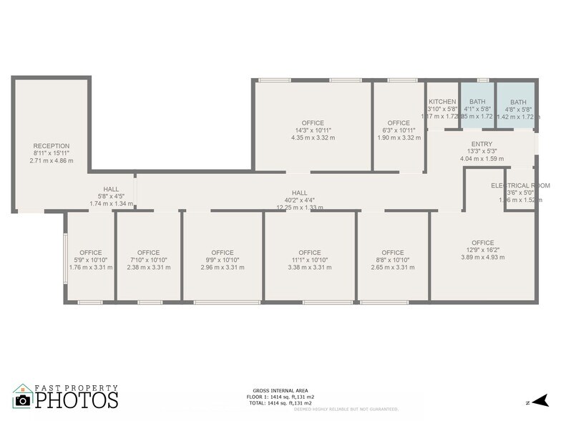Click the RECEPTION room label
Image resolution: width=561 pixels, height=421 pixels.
pyautogui.click(x=52, y=146)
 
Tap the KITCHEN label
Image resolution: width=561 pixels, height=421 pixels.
pyautogui.click(x=442, y=102)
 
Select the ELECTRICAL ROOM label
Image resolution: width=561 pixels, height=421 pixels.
pyautogui.click(x=520, y=185)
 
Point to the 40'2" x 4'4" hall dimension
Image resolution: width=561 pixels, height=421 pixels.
pyautogui.click(x=299, y=200)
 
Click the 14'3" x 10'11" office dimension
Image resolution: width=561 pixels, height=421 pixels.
pyautogui.click(x=313, y=130)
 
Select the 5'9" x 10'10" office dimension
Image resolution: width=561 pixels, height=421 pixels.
pyautogui.click(x=91, y=260)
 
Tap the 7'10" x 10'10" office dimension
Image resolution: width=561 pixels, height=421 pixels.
pyautogui.click(x=148, y=260)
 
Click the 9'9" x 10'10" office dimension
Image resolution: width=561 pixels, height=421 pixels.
pyautogui.click(x=223, y=260)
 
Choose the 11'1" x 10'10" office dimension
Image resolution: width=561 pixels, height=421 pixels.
pyautogui.click(x=309, y=260)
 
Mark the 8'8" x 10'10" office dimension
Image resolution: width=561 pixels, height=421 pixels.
pyautogui.click(x=393, y=260)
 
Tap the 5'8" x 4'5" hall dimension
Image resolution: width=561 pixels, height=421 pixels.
pyautogui.click(x=111, y=196)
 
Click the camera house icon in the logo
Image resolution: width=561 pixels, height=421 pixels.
pyautogui.click(x=23, y=397)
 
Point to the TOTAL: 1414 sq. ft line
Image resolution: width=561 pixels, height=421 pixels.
pyautogui.click(x=279, y=402)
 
